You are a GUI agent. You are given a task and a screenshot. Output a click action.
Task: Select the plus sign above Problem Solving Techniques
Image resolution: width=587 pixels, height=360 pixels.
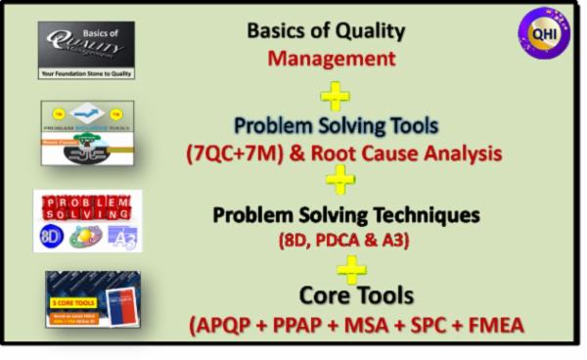tap(339, 178)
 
